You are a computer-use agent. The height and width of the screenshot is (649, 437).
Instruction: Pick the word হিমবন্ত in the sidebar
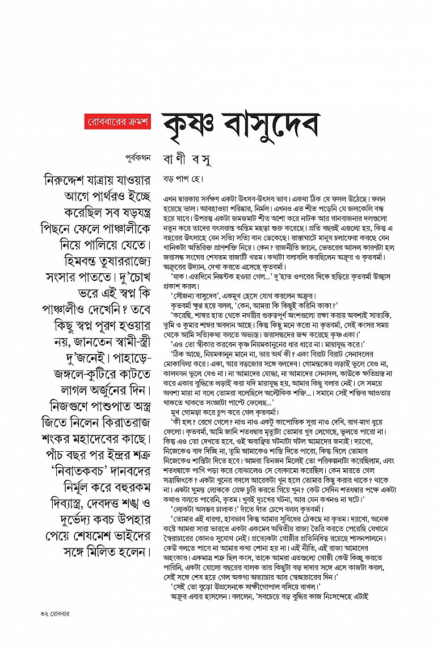(x=67, y=255)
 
